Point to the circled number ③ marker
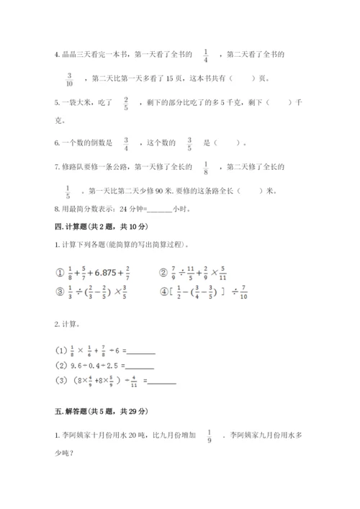pos(52,294)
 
